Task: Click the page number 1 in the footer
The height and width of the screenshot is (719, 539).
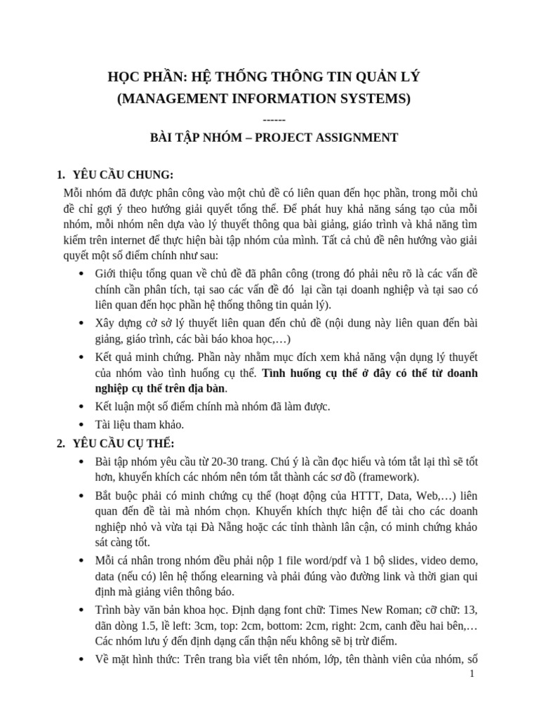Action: point(472,674)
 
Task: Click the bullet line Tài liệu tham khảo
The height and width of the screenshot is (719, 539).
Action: point(140,425)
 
